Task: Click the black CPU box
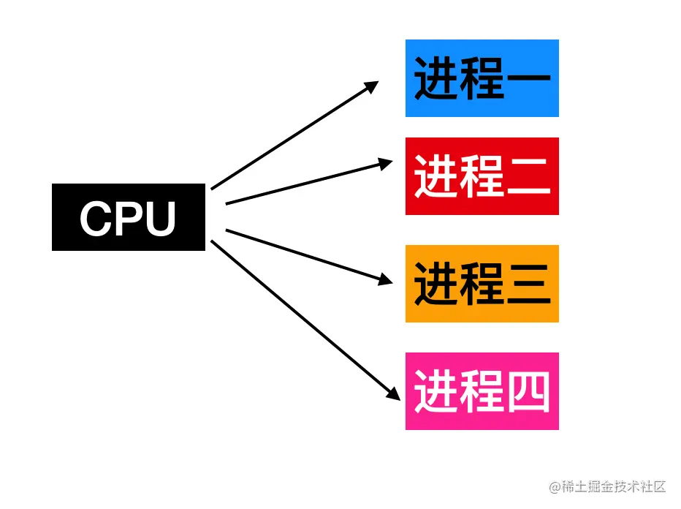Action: tap(129, 216)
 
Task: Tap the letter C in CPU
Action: tap(95, 218)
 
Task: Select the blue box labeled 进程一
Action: tap(482, 78)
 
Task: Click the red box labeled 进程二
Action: tap(482, 176)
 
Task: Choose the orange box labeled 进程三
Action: tap(482, 284)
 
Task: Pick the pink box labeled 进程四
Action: tap(482, 391)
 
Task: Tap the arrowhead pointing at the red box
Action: tap(385, 164)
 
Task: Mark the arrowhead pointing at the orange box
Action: tap(385, 280)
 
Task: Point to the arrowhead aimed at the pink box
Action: tap(394, 393)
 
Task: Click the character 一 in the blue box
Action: tap(528, 78)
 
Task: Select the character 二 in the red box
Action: tap(528, 176)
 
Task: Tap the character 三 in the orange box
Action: tap(528, 284)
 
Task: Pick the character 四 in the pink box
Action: tap(528, 391)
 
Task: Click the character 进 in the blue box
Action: tap(436, 78)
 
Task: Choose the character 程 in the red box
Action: tap(482, 176)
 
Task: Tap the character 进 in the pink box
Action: tap(436, 391)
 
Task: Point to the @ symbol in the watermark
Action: tap(556, 486)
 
